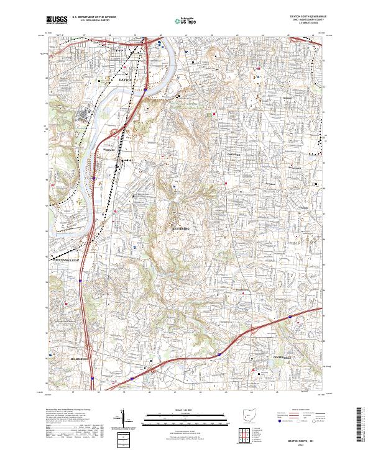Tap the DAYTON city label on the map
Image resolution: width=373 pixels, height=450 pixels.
(x=126, y=80)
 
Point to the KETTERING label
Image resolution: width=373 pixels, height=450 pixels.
(x=180, y=228)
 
